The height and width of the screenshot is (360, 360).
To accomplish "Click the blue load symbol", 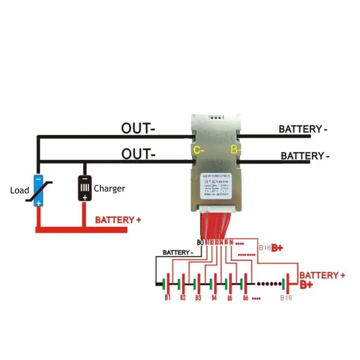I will pos(39,190).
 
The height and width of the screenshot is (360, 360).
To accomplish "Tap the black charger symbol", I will pos(84,189).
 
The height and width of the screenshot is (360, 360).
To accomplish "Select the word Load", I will pos(19,190).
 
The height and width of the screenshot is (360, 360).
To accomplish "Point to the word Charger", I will pos(109,189).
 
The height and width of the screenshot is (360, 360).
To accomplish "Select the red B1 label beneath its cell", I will pos(167,298).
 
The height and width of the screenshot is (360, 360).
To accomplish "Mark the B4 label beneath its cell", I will pos(214,298).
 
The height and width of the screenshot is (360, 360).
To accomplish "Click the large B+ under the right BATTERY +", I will pos(306,285).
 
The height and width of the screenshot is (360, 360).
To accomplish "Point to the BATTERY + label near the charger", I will pos(118,220).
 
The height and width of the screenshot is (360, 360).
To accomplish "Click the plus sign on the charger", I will pos(84,197).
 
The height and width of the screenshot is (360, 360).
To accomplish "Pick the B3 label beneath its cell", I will pos(198,298).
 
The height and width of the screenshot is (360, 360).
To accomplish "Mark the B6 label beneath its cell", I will pos(246,298).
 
